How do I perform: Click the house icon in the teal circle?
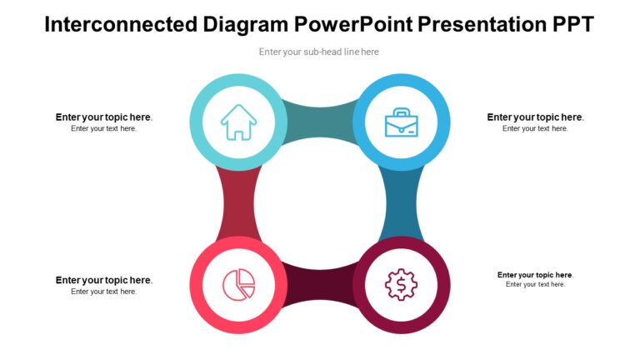click(239, 122)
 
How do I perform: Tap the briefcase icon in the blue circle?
click(401, 122)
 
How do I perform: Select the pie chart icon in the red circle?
click(239, 284)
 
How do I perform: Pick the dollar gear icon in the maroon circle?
click(401, 284)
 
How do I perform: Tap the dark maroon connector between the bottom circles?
click(320, 288)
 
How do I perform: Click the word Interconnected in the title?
click(121, 24)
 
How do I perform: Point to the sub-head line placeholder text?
click(319, 52)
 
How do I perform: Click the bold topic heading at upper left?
click(104, 117)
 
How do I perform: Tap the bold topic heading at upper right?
click(535, 117)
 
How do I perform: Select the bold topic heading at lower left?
click(104, 280)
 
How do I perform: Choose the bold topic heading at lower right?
click(535, 275)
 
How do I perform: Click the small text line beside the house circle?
click(104, 129)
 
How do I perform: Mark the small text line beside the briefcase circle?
click(535, 129)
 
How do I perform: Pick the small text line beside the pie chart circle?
click(104, 292)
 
